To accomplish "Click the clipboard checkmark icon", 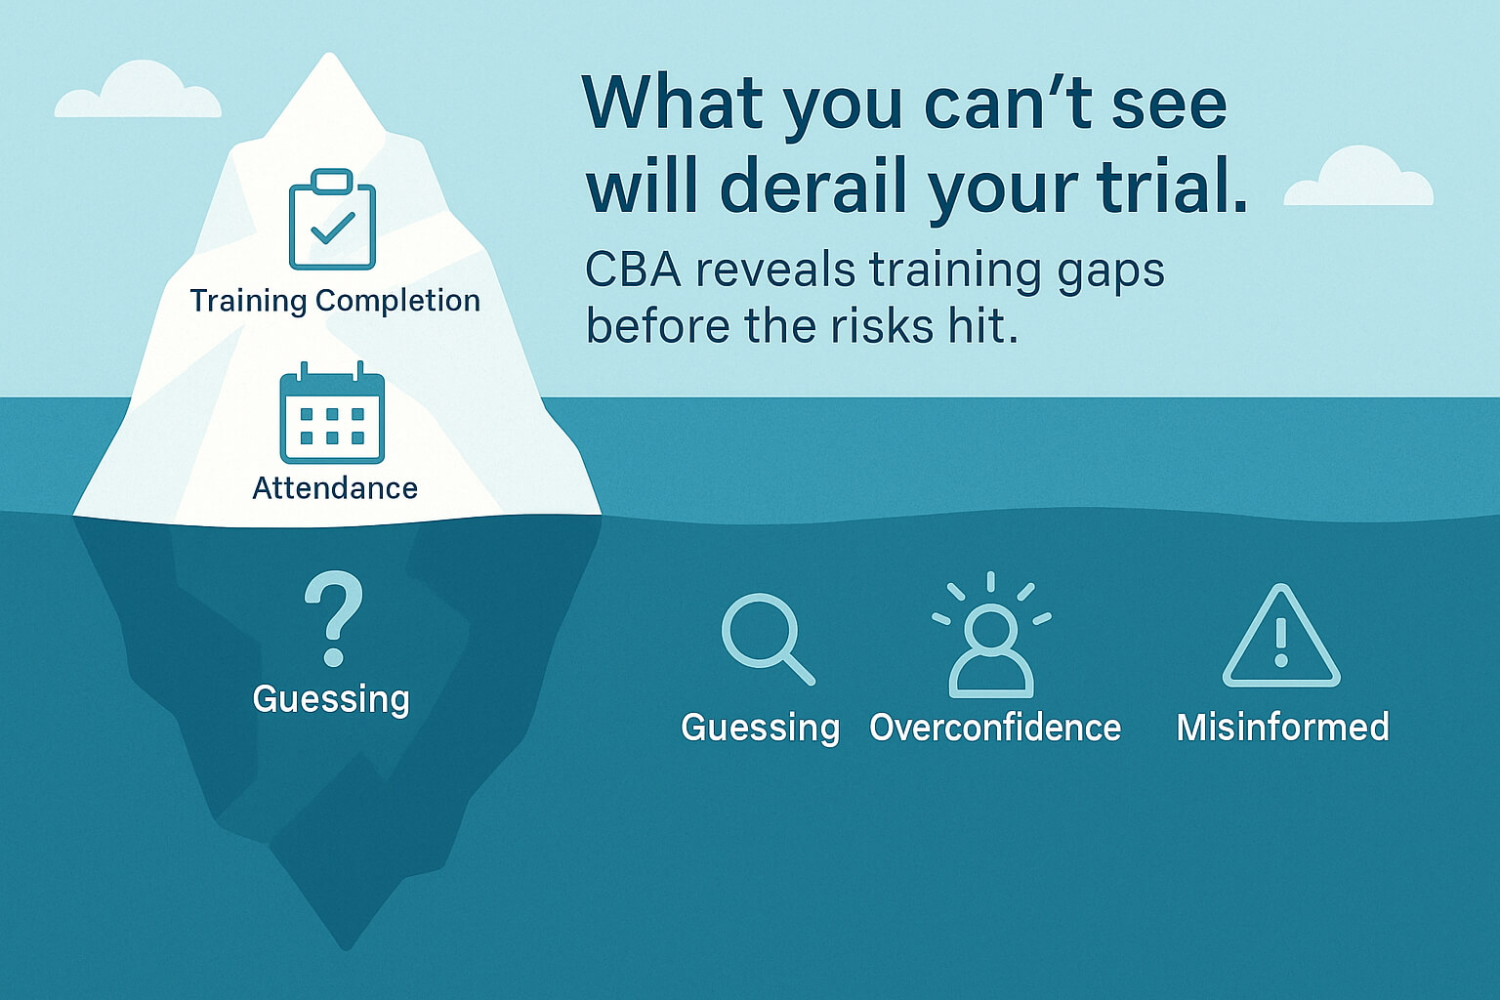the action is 332,219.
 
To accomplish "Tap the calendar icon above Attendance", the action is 332,412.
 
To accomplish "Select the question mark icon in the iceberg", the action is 333,617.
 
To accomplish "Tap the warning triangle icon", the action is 1281,637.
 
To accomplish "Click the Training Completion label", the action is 335,301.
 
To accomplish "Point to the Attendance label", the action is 335,487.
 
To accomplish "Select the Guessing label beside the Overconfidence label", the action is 760,729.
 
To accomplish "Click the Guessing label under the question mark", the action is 331,699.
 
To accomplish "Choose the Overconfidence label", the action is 995,727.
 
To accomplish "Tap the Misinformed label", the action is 1283,727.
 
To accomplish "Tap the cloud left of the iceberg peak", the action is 138,90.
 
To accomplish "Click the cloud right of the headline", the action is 1358,176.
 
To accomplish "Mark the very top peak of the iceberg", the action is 329,54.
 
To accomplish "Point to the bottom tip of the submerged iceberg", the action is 347,948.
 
